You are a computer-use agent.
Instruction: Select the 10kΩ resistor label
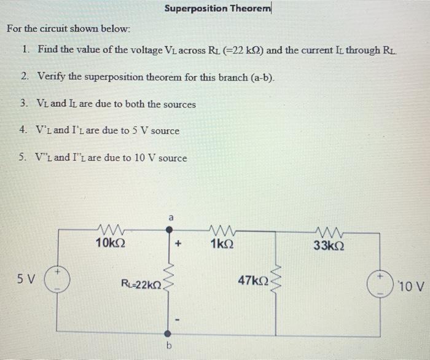111,243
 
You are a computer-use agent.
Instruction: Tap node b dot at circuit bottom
168,335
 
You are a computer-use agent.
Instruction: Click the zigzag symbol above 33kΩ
328,231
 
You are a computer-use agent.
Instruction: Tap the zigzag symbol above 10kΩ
111,231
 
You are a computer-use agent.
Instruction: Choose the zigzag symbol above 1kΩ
221,231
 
